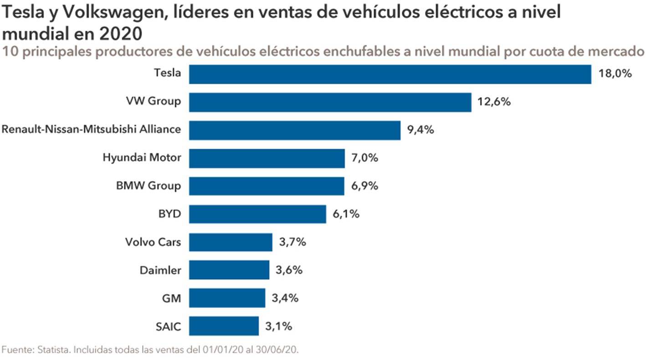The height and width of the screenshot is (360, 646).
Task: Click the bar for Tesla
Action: pos(390,74)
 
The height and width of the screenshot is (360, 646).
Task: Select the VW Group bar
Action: pos(330,102)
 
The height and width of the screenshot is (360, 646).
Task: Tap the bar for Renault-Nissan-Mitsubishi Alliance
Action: pos(295,130)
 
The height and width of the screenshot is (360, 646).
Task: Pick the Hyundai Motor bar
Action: pos(267,158)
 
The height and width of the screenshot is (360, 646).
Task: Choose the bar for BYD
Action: pos(257,214)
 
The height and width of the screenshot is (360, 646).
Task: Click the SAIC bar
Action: pos(224,326)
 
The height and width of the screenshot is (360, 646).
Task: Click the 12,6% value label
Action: pos(494,102)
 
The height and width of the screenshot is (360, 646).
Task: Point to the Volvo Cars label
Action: pos(153,242)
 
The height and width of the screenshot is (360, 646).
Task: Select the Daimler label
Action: pos(160,270)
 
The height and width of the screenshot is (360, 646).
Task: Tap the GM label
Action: pos(171,298)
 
